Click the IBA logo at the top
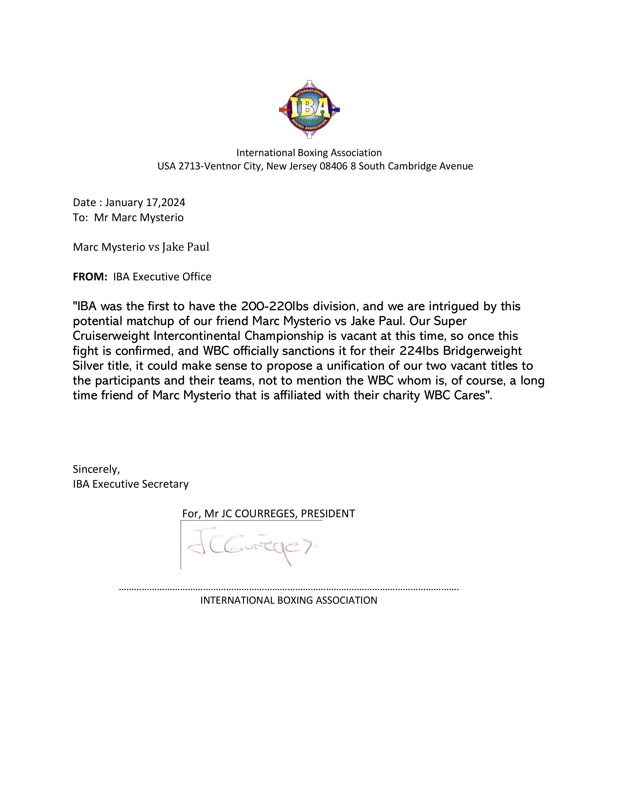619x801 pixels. click(x=309, y=109)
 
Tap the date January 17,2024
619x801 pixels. click(x=145, y=202)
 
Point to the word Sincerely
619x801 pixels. click(x=96, y=469)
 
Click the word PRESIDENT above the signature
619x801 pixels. click(x=328, y=513)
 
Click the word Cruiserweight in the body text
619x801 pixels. click(x=111, y=336)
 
